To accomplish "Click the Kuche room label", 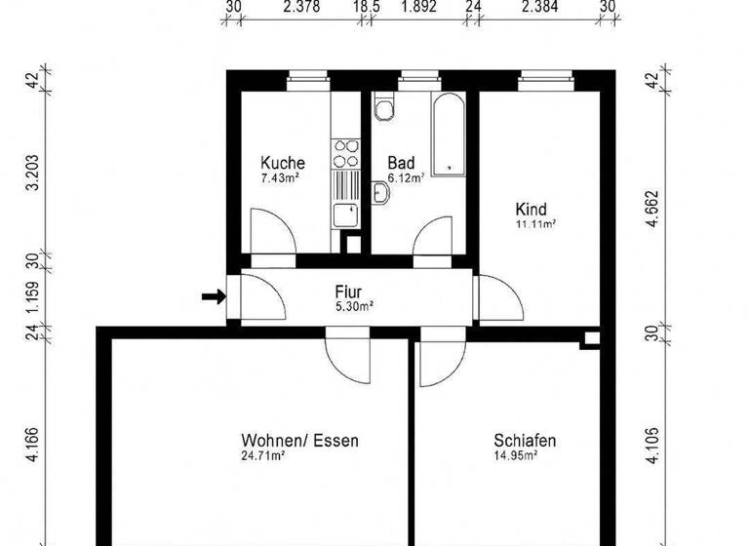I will (x=283, y=163).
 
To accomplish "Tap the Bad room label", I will (x=401, y=163).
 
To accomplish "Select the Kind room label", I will (x=532, y=209).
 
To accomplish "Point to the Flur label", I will (x=349, y=291).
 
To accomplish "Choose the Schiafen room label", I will (x=525, y=441).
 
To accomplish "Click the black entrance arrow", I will (x=211, y=296).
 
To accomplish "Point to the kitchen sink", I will (x=345, y=215).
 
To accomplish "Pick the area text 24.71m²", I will (x=262, y=455).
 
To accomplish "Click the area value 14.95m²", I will (x=514, y=455).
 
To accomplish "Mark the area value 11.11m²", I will (x=535, y=224).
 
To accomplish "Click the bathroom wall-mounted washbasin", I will (x=383, y=196).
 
